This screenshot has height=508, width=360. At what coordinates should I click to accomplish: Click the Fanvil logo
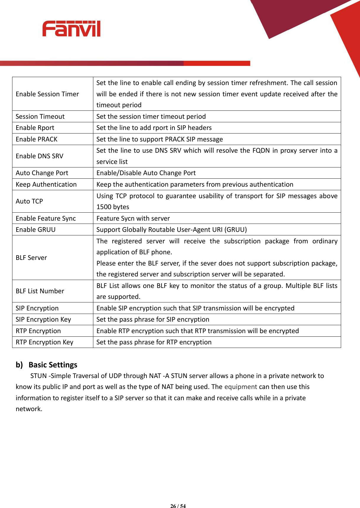(x=71, y=29)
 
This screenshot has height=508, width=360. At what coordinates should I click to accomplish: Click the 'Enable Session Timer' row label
(x=47, y=94)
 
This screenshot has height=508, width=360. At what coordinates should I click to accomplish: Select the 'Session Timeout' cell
(x=40, y=116)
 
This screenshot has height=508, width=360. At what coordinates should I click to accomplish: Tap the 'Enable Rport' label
(x=35, y=128)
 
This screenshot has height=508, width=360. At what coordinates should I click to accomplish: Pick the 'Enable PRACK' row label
(x=37, y=139)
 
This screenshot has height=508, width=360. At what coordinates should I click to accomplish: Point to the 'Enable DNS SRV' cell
(x=40, y=156)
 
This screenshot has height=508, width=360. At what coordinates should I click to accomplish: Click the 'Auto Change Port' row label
(x=42, y=173)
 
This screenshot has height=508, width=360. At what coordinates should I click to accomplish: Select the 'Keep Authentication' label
(x=46, y=184)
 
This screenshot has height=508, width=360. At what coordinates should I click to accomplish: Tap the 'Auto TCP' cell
(x=29, y=201)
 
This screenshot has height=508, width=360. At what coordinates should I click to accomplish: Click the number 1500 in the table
(x=104, y=207)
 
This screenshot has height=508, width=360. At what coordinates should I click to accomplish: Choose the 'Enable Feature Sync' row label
(x=46, y=218)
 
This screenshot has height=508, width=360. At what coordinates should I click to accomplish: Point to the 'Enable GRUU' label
(x=35, y=229)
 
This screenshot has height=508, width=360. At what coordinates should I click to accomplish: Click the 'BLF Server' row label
(x=31, y=258)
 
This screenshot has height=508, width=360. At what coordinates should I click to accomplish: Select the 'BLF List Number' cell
(x=40, y=291)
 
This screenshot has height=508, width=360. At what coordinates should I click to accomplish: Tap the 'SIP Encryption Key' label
(x=43, y=319)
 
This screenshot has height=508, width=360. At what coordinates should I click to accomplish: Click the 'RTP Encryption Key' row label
(x=44, y=342)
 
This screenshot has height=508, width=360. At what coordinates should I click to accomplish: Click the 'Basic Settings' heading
(x=53, y=365)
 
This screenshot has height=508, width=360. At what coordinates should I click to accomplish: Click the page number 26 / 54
(x=178, y=506)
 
